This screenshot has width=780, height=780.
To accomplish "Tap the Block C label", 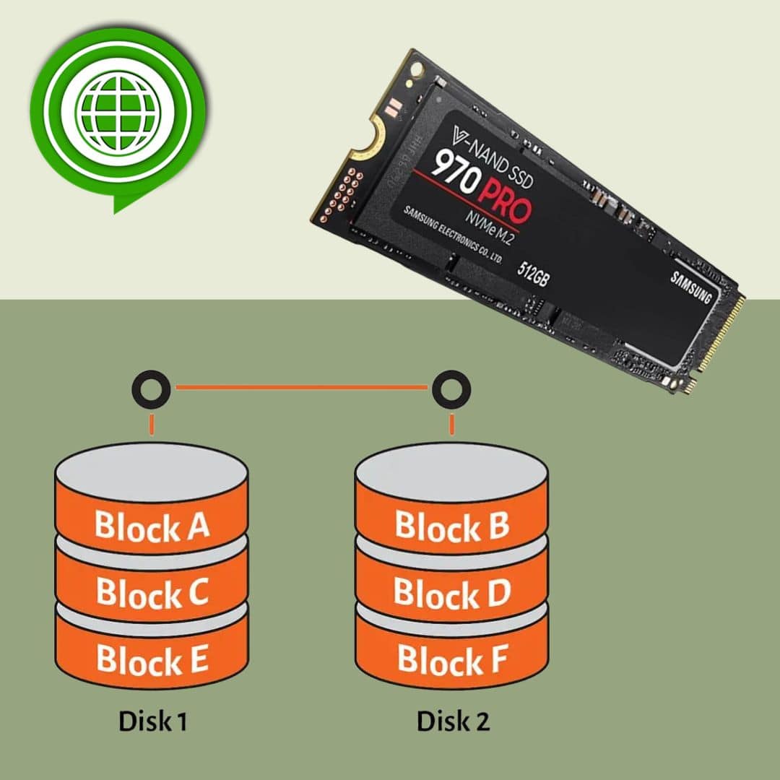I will coord(152,593).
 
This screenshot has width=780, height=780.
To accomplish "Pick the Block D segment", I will coord(452,593).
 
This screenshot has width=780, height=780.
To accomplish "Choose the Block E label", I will coord(152,660).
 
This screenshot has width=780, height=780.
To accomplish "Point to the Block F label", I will coord(452,660).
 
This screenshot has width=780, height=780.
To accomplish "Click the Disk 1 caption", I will coord(152,721).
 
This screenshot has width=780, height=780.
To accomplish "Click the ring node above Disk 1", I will coord(151,391).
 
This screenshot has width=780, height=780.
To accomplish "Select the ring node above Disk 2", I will coord(451,391).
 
